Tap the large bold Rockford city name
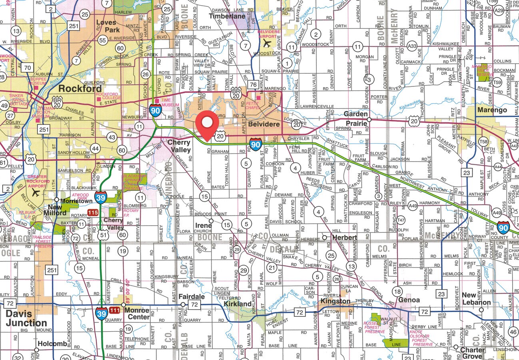point(80,88)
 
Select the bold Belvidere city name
point(263,124)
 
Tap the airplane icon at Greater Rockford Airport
point(36,192)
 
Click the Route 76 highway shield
point(253,84)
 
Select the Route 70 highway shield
point(27,68)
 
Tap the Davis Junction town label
point(26,318)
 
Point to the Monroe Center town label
point(137,314)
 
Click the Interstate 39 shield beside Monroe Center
point(102,314)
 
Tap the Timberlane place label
point(228,16)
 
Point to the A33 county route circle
point(412,46)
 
